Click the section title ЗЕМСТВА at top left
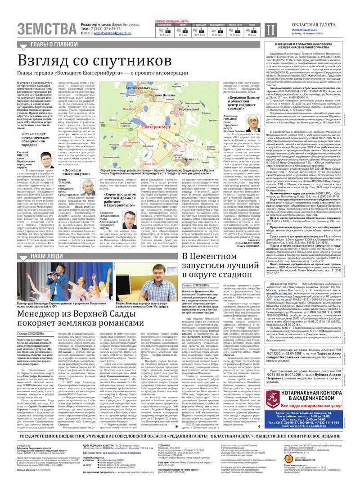click(x=47, y=29)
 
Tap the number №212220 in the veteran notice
click(x=278, y=342)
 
